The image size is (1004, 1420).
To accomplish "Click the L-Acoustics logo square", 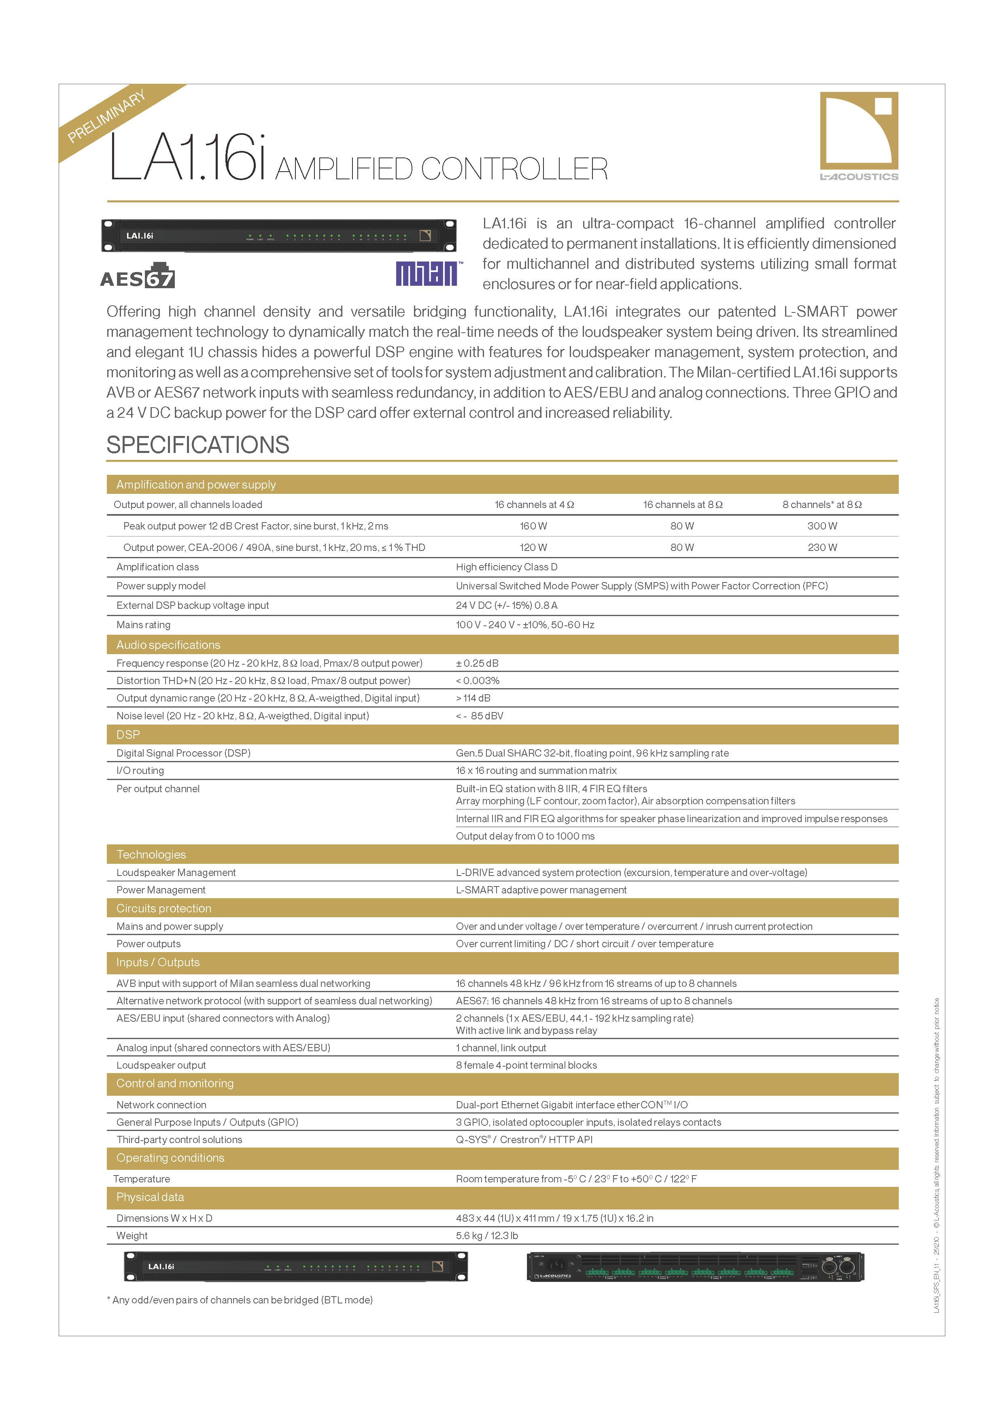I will tap(859, 131).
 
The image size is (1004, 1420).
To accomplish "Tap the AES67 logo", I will tap(137, 276).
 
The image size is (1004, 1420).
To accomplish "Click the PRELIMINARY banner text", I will tap(106, 116).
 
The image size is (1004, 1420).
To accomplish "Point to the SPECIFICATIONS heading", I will tap(198, 445).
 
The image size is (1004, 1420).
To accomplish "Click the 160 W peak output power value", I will tap(533, 526).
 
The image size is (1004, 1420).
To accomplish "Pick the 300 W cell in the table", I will tap(821, 526).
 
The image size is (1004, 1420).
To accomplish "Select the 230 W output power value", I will tap(821, 547).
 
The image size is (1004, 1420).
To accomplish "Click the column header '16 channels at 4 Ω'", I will tap(534, 505).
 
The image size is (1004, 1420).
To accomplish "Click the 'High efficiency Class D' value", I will tap(506, 567).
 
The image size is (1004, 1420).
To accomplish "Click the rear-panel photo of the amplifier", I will tap(696, 1266).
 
